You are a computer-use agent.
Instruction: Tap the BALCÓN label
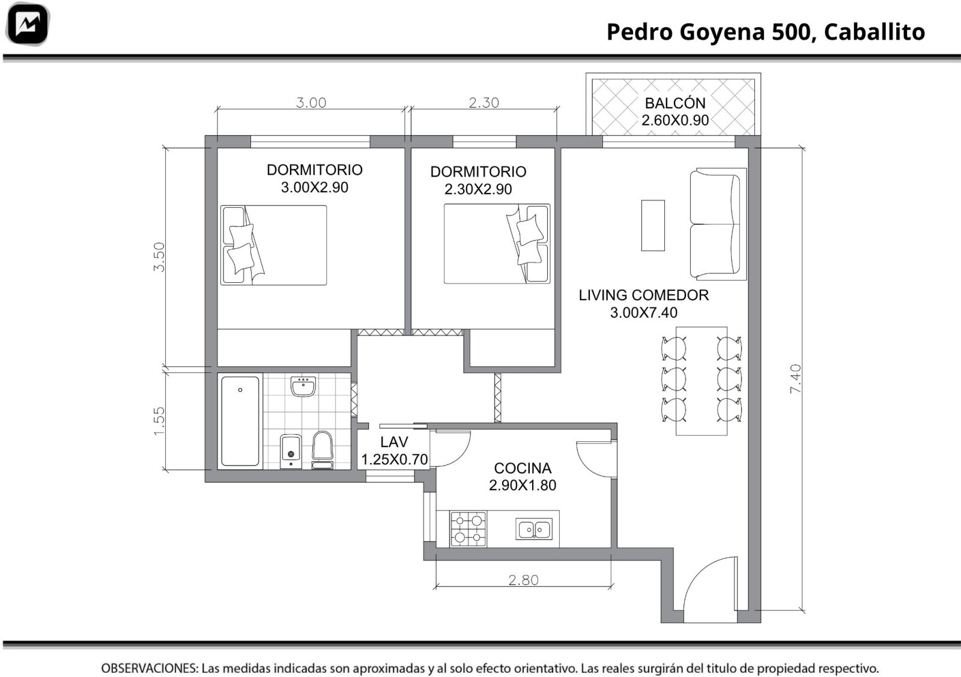click(x=675, y=103)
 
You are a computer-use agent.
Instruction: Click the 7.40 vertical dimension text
click(x=795, y=379)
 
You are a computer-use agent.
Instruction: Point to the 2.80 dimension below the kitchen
click(x=523, y=580)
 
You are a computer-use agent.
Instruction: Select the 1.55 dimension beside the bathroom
click(x=159, y=421)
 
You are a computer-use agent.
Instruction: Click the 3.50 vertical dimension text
click(x=159, y=257)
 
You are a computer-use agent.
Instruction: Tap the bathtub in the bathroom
click(x=240, y=421)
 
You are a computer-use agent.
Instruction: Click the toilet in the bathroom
click(x=323, y=450)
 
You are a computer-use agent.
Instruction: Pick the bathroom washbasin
click(x=303, y=386)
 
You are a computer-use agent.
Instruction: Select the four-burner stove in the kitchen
click(x=468, y=529)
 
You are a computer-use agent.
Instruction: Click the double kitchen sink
click(x=534, y=529)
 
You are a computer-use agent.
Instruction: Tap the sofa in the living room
click(x=718, y=223)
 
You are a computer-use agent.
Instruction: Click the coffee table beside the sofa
click(x=653, y=225)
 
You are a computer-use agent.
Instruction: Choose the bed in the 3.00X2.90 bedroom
click(x=274, y=245)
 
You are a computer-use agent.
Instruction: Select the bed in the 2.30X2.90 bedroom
click(x=497, y=244)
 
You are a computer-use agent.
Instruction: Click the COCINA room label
click(x=523, y=468)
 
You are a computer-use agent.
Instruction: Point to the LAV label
click(x=394, y=442)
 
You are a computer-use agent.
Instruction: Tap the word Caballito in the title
click(x=875, y=32)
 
